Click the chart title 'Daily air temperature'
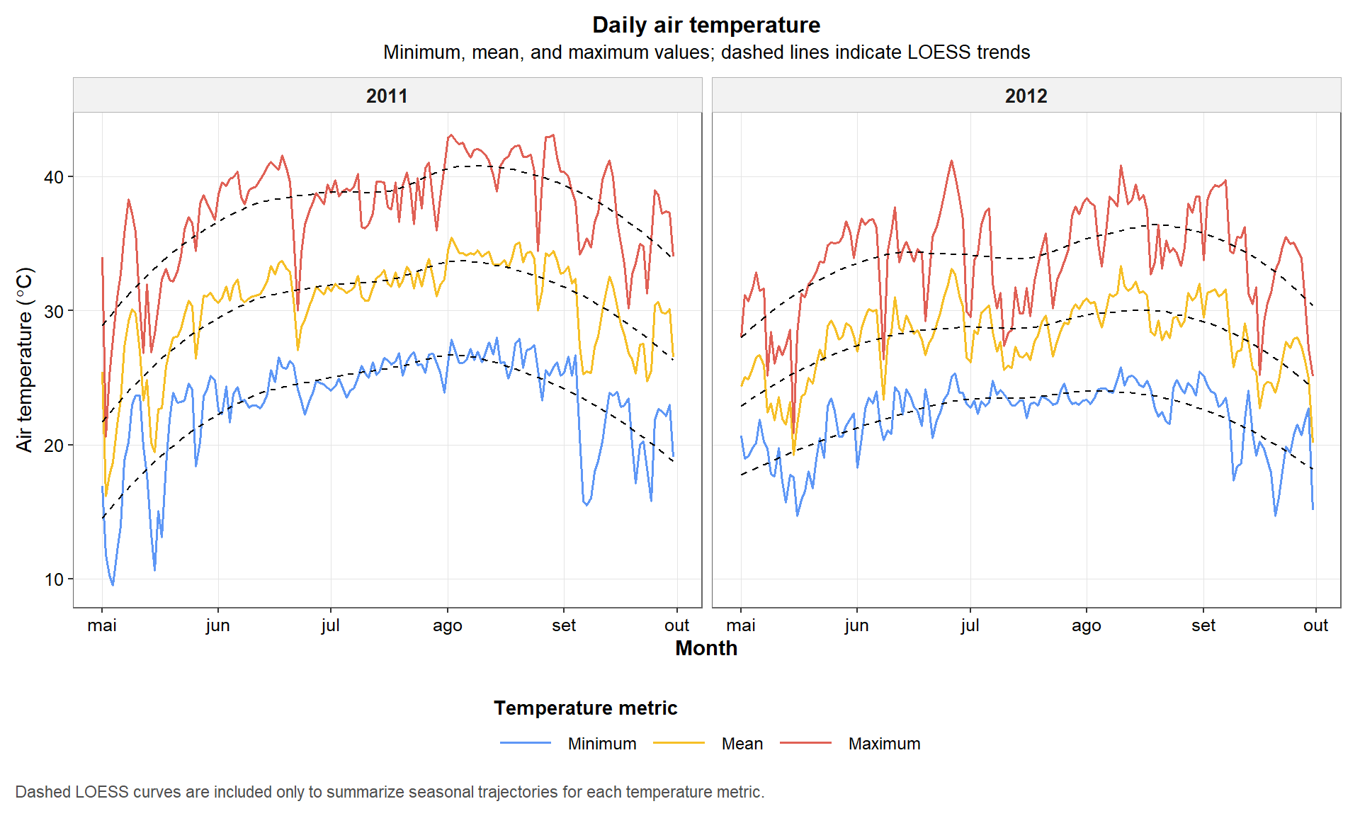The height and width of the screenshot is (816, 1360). [x=705, y=25]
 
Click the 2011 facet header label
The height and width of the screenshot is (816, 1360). [x=387, y=96]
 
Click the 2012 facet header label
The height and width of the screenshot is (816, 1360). [x=1026, y=96]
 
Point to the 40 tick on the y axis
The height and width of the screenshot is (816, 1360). [x=54, y=177]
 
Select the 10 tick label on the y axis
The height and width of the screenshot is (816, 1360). [x=54, y=579]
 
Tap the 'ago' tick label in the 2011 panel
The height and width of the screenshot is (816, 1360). [x=447, y=625]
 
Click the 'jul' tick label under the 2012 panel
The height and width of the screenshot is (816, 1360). [x=970, y=625]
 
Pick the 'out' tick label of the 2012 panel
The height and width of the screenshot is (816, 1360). [x=1315, y=625]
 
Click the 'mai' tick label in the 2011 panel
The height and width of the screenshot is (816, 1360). [x=102, y=625]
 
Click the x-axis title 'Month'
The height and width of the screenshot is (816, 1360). [x=705, y=648]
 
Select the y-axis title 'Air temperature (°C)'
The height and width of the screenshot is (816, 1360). [x=24, y=359]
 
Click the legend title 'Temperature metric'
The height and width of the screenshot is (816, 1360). [x=585, y=708]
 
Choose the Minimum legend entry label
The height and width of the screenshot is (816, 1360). [x=602, y=744]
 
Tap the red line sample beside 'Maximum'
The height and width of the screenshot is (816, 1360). [x=805, y=743]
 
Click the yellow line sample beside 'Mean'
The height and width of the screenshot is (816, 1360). [x=679, y=743]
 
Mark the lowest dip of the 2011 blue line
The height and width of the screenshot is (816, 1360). [x=113, y=584]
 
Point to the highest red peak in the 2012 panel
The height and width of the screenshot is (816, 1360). [x=951, y=161]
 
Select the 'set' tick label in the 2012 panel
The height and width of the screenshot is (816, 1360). [x=1203, y=625]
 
